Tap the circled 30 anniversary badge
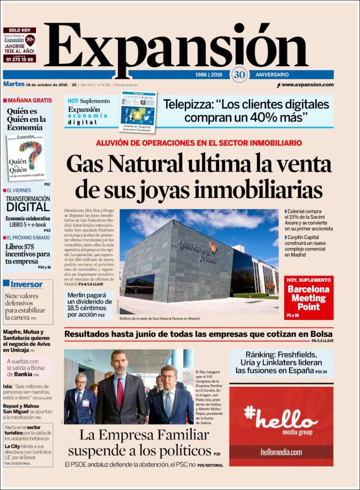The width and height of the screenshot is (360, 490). pyautogui.click(x=239, y=74)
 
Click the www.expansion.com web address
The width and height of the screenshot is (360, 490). pyautogui.click(x=307, y=85)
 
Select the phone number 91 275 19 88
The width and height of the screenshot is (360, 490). pyautogui.click(x=19, y=59)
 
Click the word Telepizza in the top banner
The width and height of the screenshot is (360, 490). pyautogui.click(x=185, y=105)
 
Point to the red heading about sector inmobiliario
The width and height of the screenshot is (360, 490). pyautogui.click(x=199, y=143)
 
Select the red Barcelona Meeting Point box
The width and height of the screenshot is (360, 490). pyautogui.click(x=308, y=298)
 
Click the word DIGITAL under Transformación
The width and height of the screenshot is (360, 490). pyautogui.click(x=28, y=207)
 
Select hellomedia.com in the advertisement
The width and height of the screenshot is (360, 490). pyautogui.click(x=281, y=452)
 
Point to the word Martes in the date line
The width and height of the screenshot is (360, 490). pyautogui.click(x=13, y=84)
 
